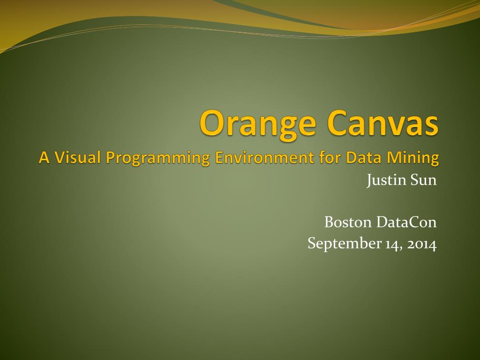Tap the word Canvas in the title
tap(382, 122)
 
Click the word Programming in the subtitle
tap(158, 158)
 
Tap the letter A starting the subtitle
tap(45, 157)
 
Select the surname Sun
tap(424, 180)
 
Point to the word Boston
tap(348, 222)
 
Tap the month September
tap(345, 243)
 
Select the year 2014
tap(422, 244)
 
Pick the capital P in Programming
tap(111, 157)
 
